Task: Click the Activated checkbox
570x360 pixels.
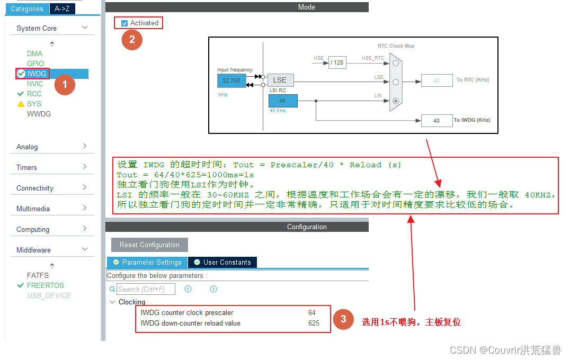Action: point(124,23)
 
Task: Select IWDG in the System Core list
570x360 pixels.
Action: point(37,74)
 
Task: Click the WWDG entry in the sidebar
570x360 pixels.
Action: point(39,114)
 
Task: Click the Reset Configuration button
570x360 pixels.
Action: point(149,245)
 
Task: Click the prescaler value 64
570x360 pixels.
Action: point(312,312)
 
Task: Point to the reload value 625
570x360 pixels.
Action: point(314,323)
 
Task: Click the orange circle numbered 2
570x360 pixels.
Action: point(132,40)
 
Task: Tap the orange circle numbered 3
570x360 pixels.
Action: point(344,319)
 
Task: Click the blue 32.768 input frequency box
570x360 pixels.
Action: point(231,80)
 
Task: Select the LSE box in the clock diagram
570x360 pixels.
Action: point(280,80)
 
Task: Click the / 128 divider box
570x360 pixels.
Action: point(337,62)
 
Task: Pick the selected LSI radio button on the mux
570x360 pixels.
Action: point(395,101)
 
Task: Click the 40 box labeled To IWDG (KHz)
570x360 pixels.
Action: point(437,120)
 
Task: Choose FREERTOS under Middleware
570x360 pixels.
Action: point(45,285)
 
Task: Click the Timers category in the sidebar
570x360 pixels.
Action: point(26,167)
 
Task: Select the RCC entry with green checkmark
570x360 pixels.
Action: point(34,94)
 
